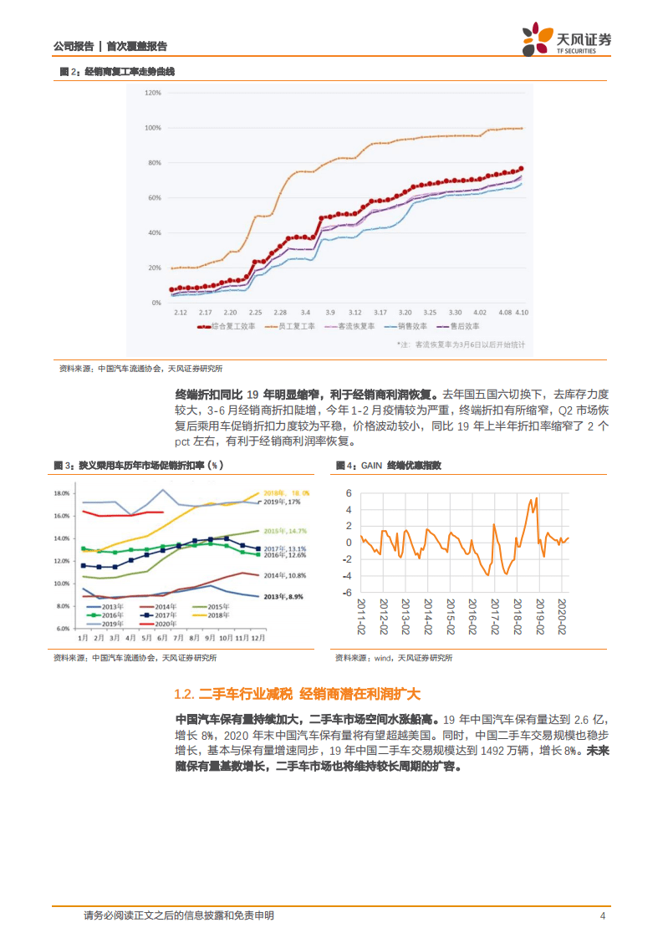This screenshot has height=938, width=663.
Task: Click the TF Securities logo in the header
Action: pyautogui.click(x=566, y=38)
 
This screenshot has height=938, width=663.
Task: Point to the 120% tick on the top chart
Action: pyautogui.click(x=152, y=93)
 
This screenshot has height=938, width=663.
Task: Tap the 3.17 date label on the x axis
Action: pyautogui.click(x=380, y=312)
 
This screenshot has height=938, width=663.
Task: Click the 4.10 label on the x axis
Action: pyautogui.click(x=523, y=312)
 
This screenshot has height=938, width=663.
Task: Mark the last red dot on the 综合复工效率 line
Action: pyautogui.click(x=522, y=168)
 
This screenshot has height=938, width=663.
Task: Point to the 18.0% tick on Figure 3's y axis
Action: pyautogui.click(x=63, y=493)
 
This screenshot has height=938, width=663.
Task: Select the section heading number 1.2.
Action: pyautogui.click(x=184, y=694)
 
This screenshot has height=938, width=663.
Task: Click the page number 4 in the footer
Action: pyautogui.click(x=602, y=915)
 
